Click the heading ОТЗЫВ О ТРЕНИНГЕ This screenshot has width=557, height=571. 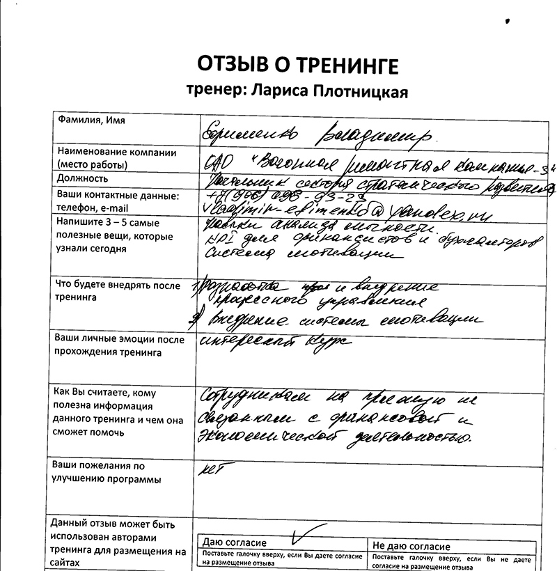[298, 66]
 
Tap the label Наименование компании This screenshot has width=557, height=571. [116, 152]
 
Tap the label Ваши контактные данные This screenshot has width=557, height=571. [118, 195]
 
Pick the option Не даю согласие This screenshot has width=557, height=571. [411, 547]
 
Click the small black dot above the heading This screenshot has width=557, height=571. [508, 22]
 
